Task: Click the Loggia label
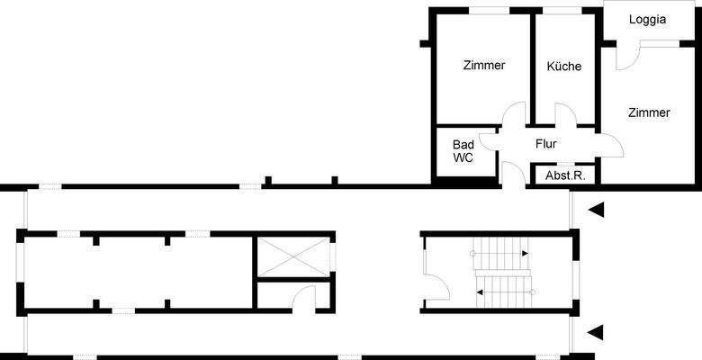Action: [x=648, y=20]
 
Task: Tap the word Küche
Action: [x=564, y=67]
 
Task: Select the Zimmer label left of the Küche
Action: [x=484, y=66]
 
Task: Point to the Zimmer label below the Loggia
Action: [x=649, y=113]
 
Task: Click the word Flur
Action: [x=546, y=143]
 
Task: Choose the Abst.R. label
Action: [x=565, y=175]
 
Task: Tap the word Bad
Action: [x=463, y=144]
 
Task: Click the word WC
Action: [x=463, y=157]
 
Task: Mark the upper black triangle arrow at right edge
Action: [x=595, y=210]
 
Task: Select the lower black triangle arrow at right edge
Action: [x=595, y=333]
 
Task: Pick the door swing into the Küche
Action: [x=565, y=114]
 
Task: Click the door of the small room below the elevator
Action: [x=304, y=297]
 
